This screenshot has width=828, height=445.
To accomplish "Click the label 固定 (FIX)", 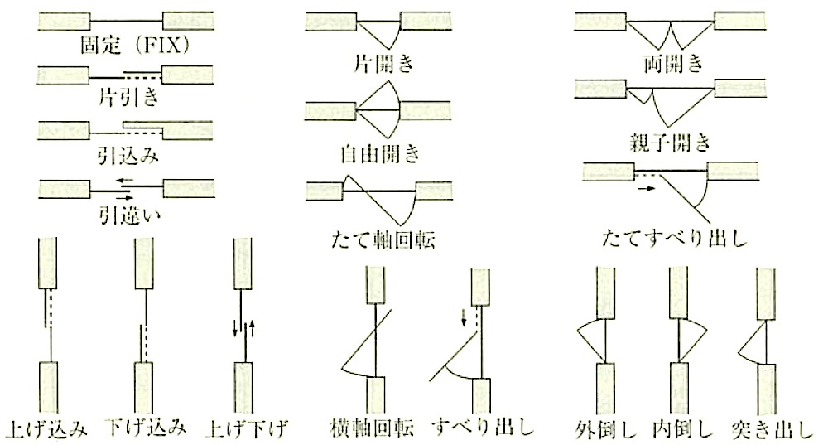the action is tap(134, 46).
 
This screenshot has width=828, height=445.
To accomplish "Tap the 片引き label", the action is tap(128, 97).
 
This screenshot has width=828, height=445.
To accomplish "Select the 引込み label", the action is tap(128, 156).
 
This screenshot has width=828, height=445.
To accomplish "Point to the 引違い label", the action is tap(129, 215).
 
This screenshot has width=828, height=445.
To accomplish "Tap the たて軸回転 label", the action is tap(383, 240).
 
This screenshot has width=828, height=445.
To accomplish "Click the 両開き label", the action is tap(674, 64).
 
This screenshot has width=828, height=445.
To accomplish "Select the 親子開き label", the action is tap(670, 143).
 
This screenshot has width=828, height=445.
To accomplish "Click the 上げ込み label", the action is tap(46, 428).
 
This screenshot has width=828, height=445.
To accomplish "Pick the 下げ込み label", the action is tap(146, 427).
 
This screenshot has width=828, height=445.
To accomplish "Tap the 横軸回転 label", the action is tap(372, 428).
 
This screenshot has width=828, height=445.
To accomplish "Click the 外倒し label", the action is tap(606, 429).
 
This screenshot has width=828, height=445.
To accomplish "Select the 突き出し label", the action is tap(772, 429).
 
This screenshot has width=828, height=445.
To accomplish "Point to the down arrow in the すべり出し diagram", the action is tap(463, 317).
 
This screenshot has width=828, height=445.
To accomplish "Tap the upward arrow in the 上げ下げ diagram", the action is tap(252, 328).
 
